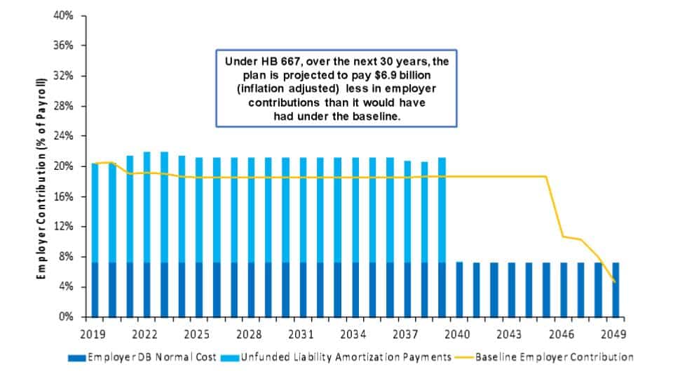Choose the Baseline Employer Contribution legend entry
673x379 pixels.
point(554,357)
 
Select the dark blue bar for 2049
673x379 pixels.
point(615,290)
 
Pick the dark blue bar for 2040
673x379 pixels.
point(459,290)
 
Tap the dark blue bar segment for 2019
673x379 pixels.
point(95,290)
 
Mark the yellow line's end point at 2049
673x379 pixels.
point(615,281)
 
